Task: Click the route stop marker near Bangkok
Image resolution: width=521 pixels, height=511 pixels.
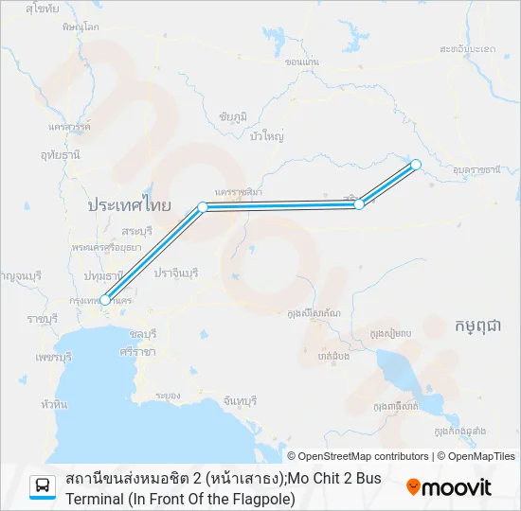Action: [x=105, y=300]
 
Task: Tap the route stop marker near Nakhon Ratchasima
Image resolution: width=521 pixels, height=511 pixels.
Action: [x=202, y=206]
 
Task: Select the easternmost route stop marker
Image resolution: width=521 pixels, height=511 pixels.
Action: [x=415, y=165]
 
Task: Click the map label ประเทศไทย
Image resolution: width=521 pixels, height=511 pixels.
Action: [x=129, y=204]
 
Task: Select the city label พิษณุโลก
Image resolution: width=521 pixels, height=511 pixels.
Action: [x=81, y=27]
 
